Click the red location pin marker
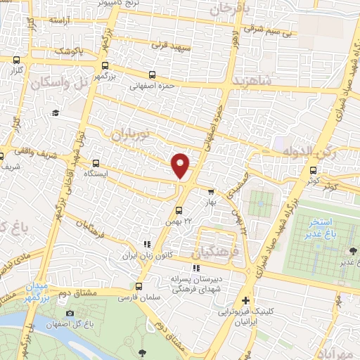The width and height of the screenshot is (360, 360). [181, 165]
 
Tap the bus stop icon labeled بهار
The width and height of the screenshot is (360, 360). [210, 191]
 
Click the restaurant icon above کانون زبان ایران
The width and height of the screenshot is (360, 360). [147, 244]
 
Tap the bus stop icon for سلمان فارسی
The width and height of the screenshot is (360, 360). [139, 286]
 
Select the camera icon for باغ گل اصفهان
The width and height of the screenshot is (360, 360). [69, 313]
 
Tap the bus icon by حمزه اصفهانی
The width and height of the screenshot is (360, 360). [152, 75]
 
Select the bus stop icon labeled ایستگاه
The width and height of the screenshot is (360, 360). [96, 161]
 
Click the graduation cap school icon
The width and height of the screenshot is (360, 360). [55, 112]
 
